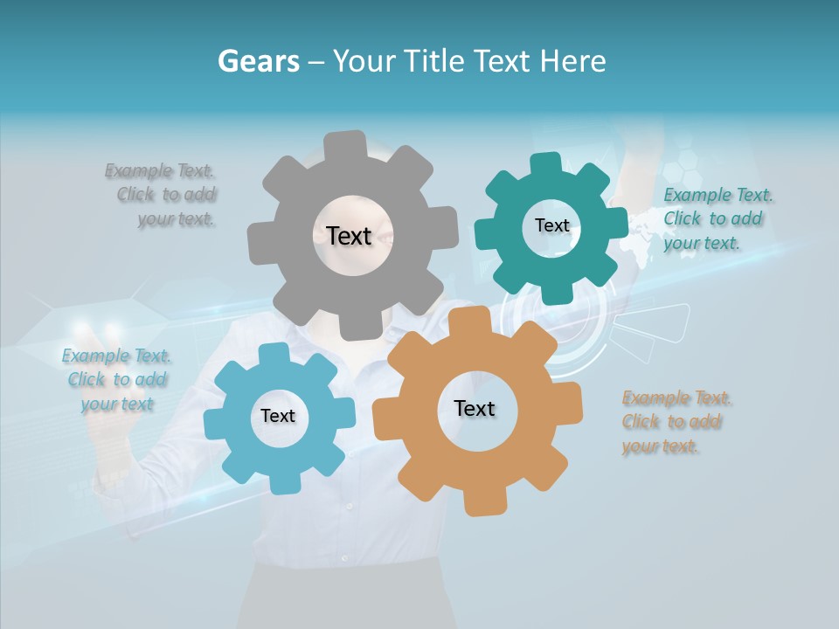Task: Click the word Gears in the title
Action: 257,61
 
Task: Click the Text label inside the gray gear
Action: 349,236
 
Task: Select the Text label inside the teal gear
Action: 551,225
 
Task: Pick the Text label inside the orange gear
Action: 475,408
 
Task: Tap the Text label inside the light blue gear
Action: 278,416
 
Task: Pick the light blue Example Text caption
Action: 116,380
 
